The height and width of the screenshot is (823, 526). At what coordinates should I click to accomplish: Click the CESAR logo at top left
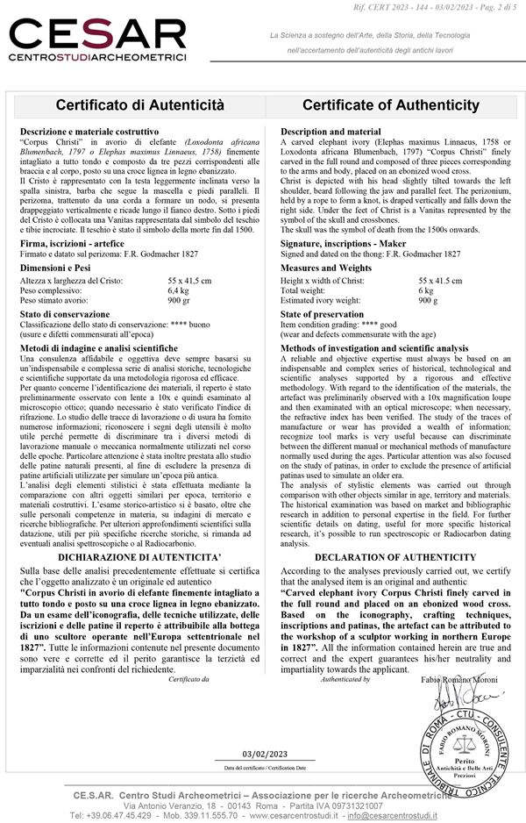[x=97, y=39]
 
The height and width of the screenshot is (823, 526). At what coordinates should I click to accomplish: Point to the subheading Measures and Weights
[x=326, y=267]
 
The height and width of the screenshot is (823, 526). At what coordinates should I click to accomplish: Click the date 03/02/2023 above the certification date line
[x=265, y=754]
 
